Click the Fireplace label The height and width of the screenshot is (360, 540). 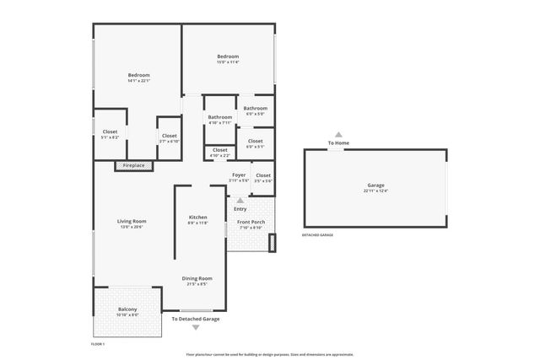click(x=133, y=165)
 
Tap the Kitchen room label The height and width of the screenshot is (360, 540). click(x=197, y=218)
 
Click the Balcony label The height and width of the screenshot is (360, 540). click(x=127, y=309)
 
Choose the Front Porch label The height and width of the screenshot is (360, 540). click(x=251, y=223)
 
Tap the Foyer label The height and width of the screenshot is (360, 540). click(x=239, y=175)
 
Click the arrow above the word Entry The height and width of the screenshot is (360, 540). click(x=240, y=201)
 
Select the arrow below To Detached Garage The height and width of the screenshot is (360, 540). click(x=196, y=327)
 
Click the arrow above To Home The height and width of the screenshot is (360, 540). click(x=338, y=134)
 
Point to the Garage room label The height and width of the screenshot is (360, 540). click(x=375, y=185)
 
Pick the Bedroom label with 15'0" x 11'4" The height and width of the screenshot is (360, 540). click(x=228, y=56)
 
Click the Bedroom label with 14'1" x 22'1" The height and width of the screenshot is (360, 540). click(x=138, y=75)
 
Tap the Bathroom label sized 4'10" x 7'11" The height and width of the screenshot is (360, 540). click(x=220, y=117)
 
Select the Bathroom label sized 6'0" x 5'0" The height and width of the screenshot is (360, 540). click(x=256, y=108)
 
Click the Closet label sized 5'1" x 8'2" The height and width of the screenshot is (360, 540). click(x=110, y=132)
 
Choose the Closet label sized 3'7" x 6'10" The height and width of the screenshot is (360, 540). click(x=169, y=136)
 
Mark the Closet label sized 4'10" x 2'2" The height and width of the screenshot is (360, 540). click(x=220, y=150)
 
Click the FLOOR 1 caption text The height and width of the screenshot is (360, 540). click(x=98, y=344)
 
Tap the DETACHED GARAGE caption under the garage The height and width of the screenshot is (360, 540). click(x=317, y=234)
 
